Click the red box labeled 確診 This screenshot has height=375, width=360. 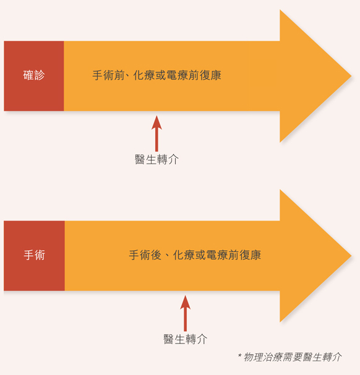34,76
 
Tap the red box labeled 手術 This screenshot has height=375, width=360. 34,256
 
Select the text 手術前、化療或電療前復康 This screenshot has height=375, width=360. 156,75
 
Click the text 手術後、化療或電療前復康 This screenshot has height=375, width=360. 195,255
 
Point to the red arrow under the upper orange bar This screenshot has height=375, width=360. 156,133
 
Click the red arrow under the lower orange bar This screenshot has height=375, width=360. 185,313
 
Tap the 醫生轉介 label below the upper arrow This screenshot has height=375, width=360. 156,159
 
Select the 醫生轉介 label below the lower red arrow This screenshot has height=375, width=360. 185,339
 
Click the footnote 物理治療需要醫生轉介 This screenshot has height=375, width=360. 293,357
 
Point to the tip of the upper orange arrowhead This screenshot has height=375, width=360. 351,76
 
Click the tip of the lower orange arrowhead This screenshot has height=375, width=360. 351,256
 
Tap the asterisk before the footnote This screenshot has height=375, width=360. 239,355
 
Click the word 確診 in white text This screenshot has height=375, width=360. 34,75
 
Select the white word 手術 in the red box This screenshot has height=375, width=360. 34,255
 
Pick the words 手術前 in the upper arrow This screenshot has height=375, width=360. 108,75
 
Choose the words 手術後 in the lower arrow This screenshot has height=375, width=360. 145,255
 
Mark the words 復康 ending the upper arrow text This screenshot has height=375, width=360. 210,75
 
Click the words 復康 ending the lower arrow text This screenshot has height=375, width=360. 250,255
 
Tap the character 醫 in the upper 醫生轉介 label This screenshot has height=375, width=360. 140,159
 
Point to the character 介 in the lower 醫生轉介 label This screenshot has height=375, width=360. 202,339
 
